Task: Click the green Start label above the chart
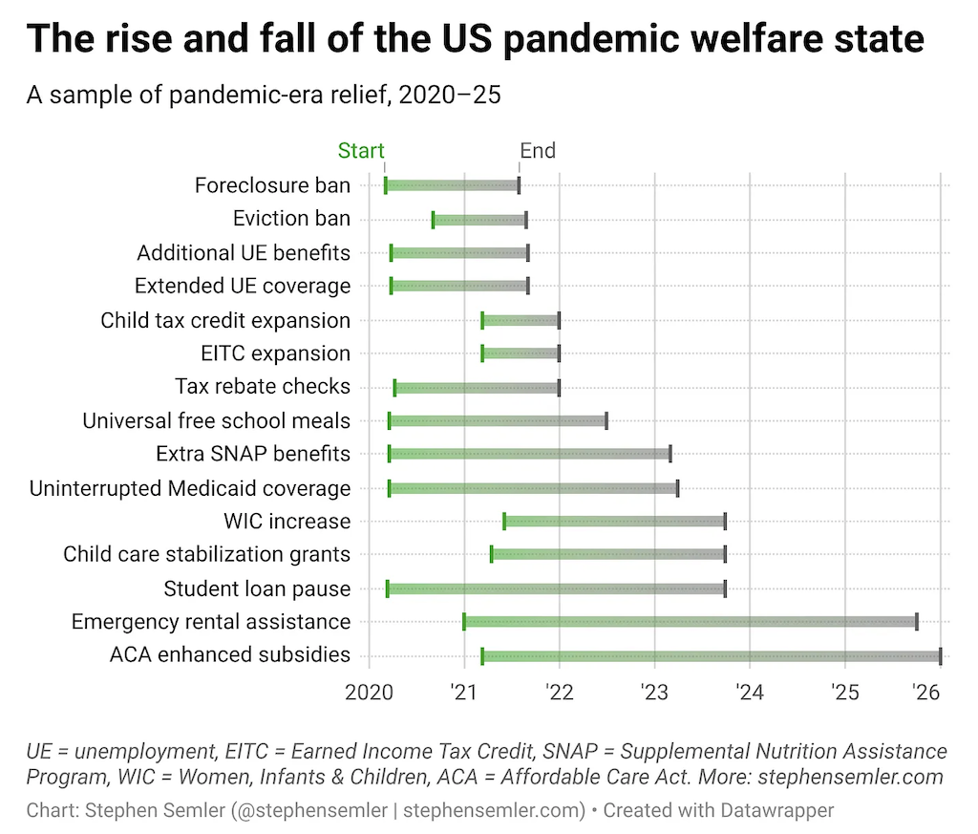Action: [361, 151]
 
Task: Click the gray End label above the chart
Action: [538, 151]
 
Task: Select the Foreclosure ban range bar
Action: [452, 185]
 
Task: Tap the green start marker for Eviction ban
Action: [433, 220]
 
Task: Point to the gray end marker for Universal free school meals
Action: [606, 420]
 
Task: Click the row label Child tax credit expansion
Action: [225, 320]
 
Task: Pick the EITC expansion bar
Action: [521, 353]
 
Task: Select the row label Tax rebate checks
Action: [263, 387]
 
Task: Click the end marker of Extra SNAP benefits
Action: [670, 454]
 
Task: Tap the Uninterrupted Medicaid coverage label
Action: [190, 488]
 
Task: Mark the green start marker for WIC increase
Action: [504, 521]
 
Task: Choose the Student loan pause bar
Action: [556, 588]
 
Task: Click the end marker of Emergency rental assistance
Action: [917, 622]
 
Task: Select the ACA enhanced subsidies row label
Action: [230, 655]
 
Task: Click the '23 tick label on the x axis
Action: [654, 692]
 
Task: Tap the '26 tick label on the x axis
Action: [927, 692]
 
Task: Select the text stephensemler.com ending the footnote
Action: [867, 776]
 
